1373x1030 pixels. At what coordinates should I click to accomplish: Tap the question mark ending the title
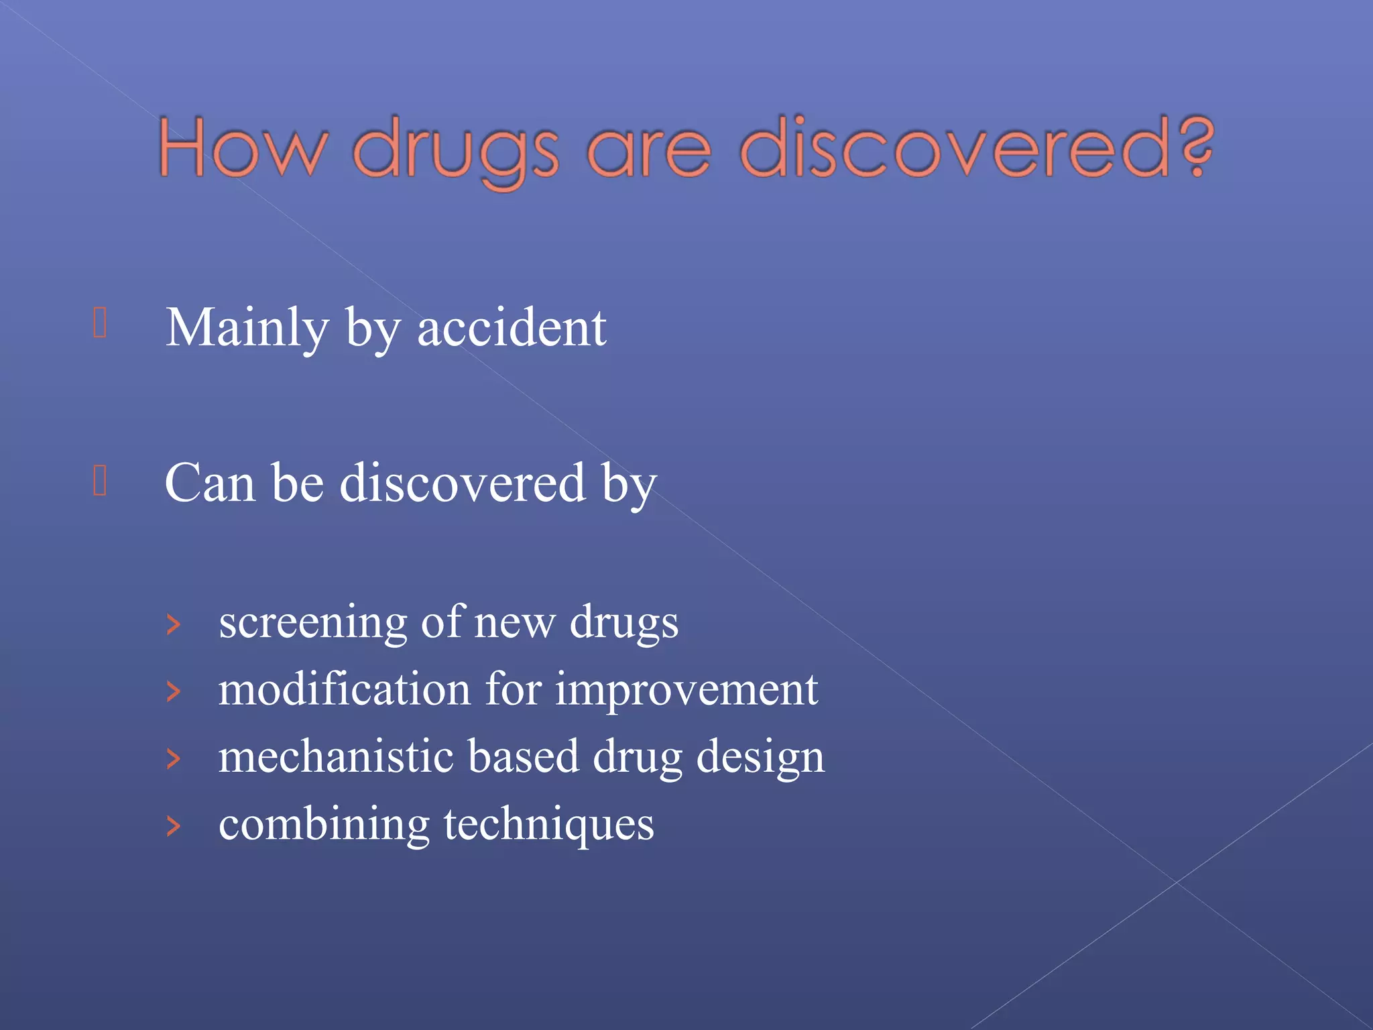click(x=1198, y=146)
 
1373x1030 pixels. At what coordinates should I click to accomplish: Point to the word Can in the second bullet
click(x=210, y=483)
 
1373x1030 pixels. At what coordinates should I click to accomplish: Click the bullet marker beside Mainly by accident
click(x=100, y=323)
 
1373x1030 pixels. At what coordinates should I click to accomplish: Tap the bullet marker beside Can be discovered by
click(x=100, y=480)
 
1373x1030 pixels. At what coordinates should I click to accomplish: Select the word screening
click(x=312, y=622)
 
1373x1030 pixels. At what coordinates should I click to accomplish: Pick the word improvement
click(x=686, y=691)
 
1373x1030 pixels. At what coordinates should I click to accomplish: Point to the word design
click(x=760, y=758)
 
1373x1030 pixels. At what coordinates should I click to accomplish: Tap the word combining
click(x=324, y=825)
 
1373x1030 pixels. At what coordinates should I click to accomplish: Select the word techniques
click(x=548, y=825)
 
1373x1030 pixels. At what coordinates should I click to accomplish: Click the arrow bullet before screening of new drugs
click(x=174, y=625)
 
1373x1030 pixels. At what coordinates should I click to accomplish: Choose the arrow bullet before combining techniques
click(x=174, y=826)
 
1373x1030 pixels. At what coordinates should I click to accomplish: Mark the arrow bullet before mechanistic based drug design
click(x=174, y=759)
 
